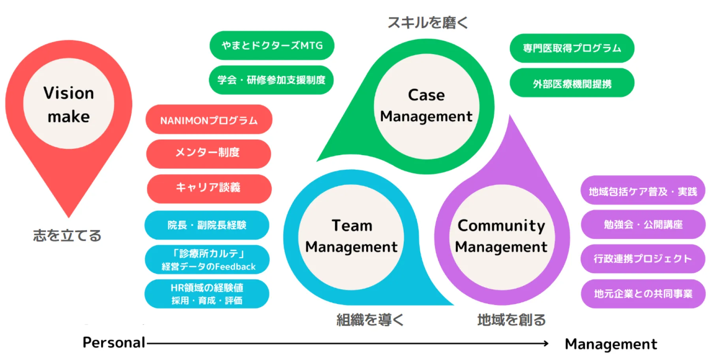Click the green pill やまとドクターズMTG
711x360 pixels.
[272, 45]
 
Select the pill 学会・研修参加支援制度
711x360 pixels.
[271, 80]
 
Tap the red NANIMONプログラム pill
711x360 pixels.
[209, 120]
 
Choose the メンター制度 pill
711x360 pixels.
[208, 153]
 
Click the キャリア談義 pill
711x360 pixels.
[209, 187]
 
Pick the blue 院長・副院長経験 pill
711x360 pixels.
[207, 225]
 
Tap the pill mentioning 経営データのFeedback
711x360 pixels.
[207, 260]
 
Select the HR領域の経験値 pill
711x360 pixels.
[207, 294]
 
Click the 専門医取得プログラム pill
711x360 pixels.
[572, 48]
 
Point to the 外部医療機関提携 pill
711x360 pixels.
[572, 83]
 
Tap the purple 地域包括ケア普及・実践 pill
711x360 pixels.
[642, 191]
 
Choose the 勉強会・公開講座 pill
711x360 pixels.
[643, 225]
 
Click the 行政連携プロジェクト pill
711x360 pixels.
[642, 259]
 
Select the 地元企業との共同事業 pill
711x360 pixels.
[643, 294]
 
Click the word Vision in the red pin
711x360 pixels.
[69, 93]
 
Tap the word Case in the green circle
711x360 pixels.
[426, 95]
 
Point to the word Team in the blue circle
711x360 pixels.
[352, 225]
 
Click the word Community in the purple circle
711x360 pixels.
[501, 225]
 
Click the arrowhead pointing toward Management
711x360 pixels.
[546, 343]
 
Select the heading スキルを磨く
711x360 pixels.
[428, 22]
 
